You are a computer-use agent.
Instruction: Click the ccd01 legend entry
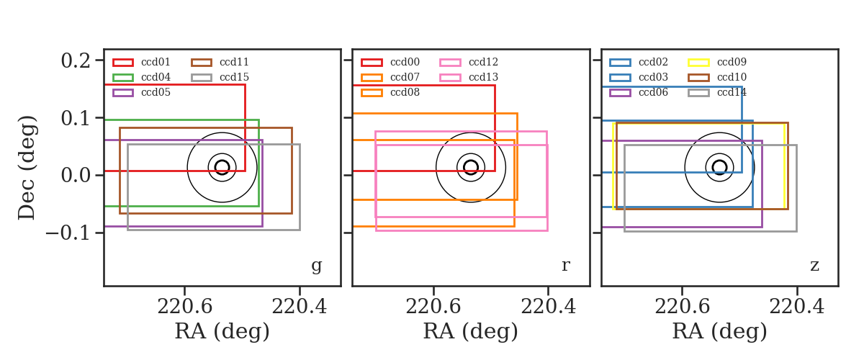(x=141, y=62)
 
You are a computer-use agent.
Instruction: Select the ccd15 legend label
(x=234, y=77)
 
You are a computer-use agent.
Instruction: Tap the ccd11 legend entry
(x=220, y=62)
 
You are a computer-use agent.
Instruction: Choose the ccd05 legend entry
(x=141, y=92)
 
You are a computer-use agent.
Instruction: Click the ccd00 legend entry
(x=390, y=62)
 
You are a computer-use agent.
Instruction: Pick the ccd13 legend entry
(x=469, y=77)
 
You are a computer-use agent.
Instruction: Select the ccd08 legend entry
(x=390, y=92)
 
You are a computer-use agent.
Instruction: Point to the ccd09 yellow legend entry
(x=717, y=62)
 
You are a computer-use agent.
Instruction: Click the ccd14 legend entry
(x=717, y=92)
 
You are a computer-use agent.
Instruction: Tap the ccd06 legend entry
(x=639, y=92)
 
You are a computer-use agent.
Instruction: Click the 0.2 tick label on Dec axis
(x=76, y=60)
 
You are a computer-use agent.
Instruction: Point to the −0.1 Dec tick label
(x=68, y=233)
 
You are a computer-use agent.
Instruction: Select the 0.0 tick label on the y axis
(x=76, y=175)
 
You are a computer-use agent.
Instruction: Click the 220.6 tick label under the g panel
(x=185, y=307)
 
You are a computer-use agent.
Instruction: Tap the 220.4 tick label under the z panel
(x=797, y=307)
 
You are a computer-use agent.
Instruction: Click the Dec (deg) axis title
(x=27, y=168)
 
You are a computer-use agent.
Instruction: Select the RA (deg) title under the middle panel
(x=471, y=331)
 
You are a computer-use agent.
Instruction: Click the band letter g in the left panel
(x=316, y=266)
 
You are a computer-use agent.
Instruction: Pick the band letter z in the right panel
(x=814, y=266)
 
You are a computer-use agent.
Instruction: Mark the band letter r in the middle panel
(x=565, y=266)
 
